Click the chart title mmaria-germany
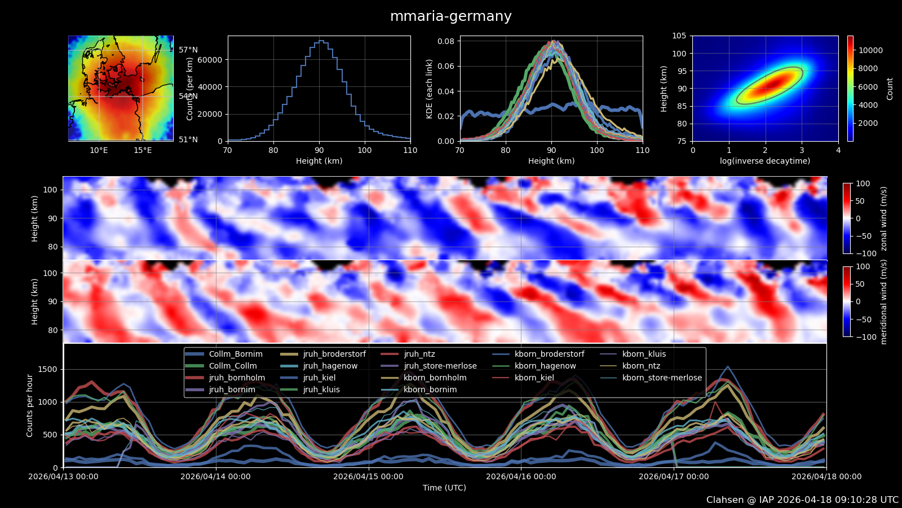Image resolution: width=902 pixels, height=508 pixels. [451, 16]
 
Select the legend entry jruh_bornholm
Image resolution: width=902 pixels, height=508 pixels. [237, 378]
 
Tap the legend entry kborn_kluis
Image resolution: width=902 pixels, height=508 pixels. [644, 354]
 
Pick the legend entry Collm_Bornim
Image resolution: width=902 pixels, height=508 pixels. [236, 354]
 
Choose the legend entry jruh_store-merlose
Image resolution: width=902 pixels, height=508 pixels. [440, 366]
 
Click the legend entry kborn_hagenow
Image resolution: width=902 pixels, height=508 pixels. [545, 366]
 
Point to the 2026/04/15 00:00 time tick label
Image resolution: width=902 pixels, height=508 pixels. [368, 476]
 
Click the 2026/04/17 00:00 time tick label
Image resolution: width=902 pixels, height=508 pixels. [674, 476]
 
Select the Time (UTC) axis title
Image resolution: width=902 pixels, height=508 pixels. [444, 488]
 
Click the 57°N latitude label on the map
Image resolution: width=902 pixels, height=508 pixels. [188, 50]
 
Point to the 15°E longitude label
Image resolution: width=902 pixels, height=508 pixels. [143, 150]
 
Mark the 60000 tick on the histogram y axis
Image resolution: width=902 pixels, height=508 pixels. [211, 60]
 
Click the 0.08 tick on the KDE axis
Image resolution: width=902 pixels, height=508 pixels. [446, 41]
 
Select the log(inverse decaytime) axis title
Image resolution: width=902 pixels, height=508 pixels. [765, 161]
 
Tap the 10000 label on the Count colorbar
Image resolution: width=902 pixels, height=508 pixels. [870, 50]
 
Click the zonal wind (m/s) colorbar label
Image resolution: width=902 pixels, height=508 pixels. [883, 218]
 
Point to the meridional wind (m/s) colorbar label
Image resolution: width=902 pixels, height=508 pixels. [883, 302]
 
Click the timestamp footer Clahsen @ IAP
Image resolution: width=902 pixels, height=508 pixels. [802, 500]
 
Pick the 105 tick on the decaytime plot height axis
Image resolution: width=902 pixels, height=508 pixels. [679, 36]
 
